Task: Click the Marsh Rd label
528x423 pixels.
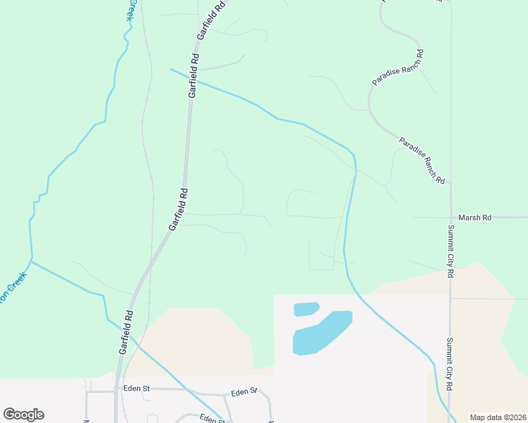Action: (x=474, y=218)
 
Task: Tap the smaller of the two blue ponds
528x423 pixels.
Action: (x=306, y=309)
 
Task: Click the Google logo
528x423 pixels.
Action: (x=23, y=415)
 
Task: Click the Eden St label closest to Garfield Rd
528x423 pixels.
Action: (x=137, y=388)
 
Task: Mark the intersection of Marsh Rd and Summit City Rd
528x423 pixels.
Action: (x=450, y=218)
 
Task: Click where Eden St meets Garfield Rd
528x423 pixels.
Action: (x=117, y=390)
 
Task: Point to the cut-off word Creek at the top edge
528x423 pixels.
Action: (x=131, y=10)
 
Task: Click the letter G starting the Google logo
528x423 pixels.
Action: (x=9, y=415)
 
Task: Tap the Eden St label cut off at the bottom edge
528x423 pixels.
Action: (x=211, y=419)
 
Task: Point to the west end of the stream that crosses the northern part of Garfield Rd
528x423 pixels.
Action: (x=170, y=69)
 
